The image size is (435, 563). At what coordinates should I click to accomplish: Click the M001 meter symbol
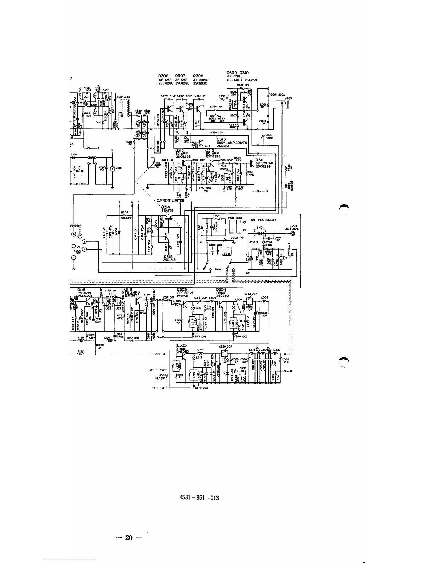112,168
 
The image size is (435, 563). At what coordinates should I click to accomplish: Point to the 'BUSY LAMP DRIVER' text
232,143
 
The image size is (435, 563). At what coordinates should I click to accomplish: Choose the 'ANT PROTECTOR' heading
263,220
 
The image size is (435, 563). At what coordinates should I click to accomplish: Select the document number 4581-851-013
199,498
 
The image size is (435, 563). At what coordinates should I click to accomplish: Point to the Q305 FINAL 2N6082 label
182,348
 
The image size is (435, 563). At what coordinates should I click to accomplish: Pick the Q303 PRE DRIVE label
185,291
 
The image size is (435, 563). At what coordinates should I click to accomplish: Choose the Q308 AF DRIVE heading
200,80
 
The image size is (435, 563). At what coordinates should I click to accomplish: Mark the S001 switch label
217,269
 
